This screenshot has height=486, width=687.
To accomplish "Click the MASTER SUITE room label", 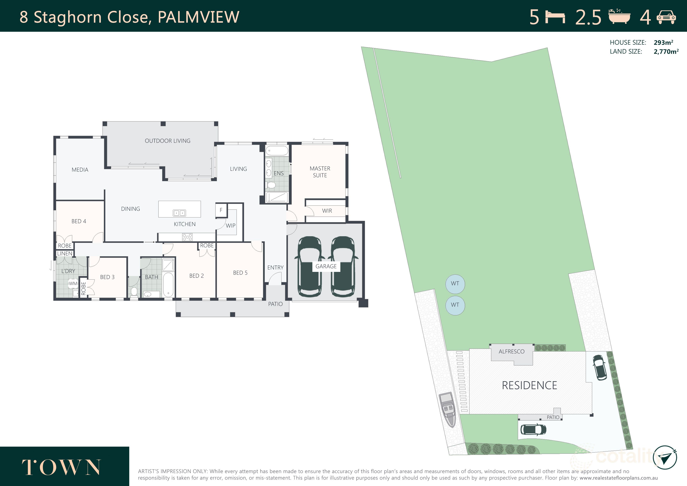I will click(x=320, y=172).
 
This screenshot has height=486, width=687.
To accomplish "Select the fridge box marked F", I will click(x=221, y=210).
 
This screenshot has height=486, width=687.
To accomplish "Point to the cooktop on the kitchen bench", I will click(x=187, y=237).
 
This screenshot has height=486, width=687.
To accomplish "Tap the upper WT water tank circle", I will click(x=455, y=284).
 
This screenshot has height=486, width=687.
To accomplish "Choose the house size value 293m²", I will click(x=663, y=43).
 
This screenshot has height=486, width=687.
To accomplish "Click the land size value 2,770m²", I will click(x=666, y=52).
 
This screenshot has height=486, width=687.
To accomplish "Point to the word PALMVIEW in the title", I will click(x=198, y=17).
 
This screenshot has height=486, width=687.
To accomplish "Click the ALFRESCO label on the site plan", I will click(x=511, y=352).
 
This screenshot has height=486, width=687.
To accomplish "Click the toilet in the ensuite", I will click(x=271, y=185).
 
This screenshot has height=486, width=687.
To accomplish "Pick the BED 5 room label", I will click(x=240, y=273).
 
